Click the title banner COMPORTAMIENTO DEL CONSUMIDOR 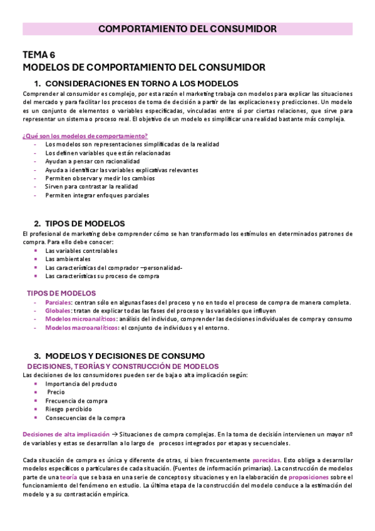point(187,29)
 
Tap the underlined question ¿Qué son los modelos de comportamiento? point(85,136)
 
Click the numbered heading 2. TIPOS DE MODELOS point(80,224)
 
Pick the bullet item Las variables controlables point(81,250)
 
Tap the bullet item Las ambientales point(68,259)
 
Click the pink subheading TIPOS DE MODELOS point(61,293)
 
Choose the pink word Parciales point(58,302)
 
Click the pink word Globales point(58,311)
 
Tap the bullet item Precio point(56,393)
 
